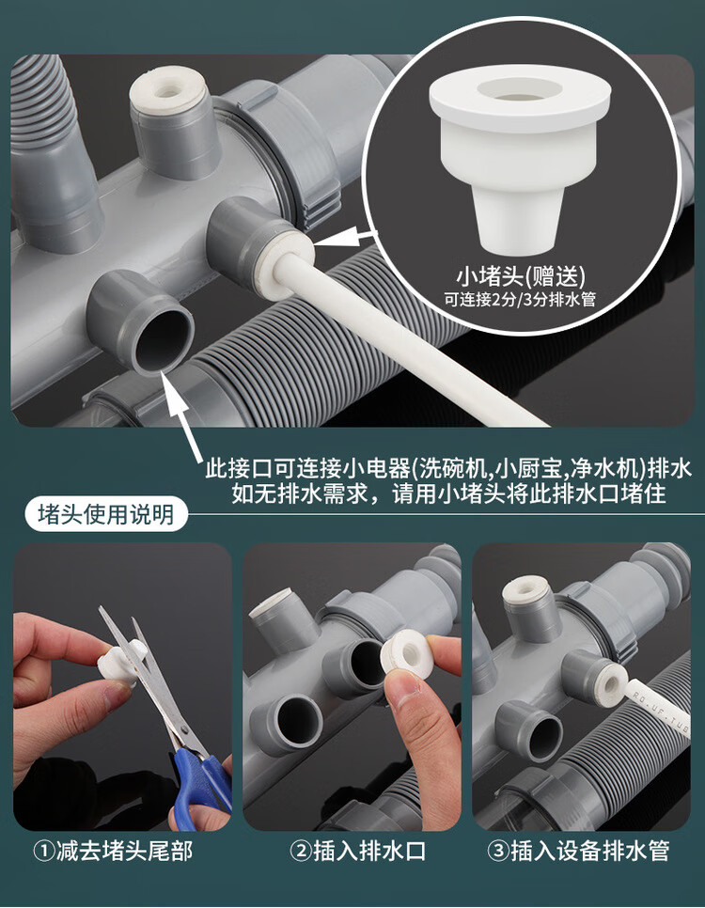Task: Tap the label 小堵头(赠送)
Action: pos(520,275)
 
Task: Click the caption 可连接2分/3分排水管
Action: pos(520,300)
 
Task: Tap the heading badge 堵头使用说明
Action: pos(106,514)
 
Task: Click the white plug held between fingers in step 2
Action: pos(408,653)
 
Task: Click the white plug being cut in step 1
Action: pos(118,663)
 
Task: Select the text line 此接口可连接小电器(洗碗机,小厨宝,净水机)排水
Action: pos(449,468)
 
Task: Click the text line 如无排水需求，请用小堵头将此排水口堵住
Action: pos(449,494)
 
